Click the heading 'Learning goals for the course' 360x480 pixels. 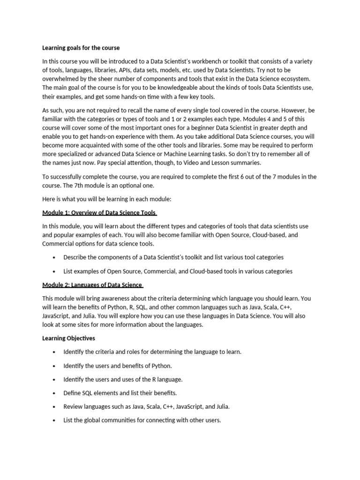point(81,48)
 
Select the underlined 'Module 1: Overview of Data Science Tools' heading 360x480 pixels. point(99,212)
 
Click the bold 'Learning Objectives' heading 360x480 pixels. point(68,338)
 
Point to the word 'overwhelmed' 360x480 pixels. point(60,79)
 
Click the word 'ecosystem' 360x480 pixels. point(294,79)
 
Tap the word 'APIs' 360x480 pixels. point(114,70)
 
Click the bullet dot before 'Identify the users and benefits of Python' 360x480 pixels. point(55,366)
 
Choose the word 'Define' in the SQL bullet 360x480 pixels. point(72,393)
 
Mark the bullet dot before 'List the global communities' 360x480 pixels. point(55,420)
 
